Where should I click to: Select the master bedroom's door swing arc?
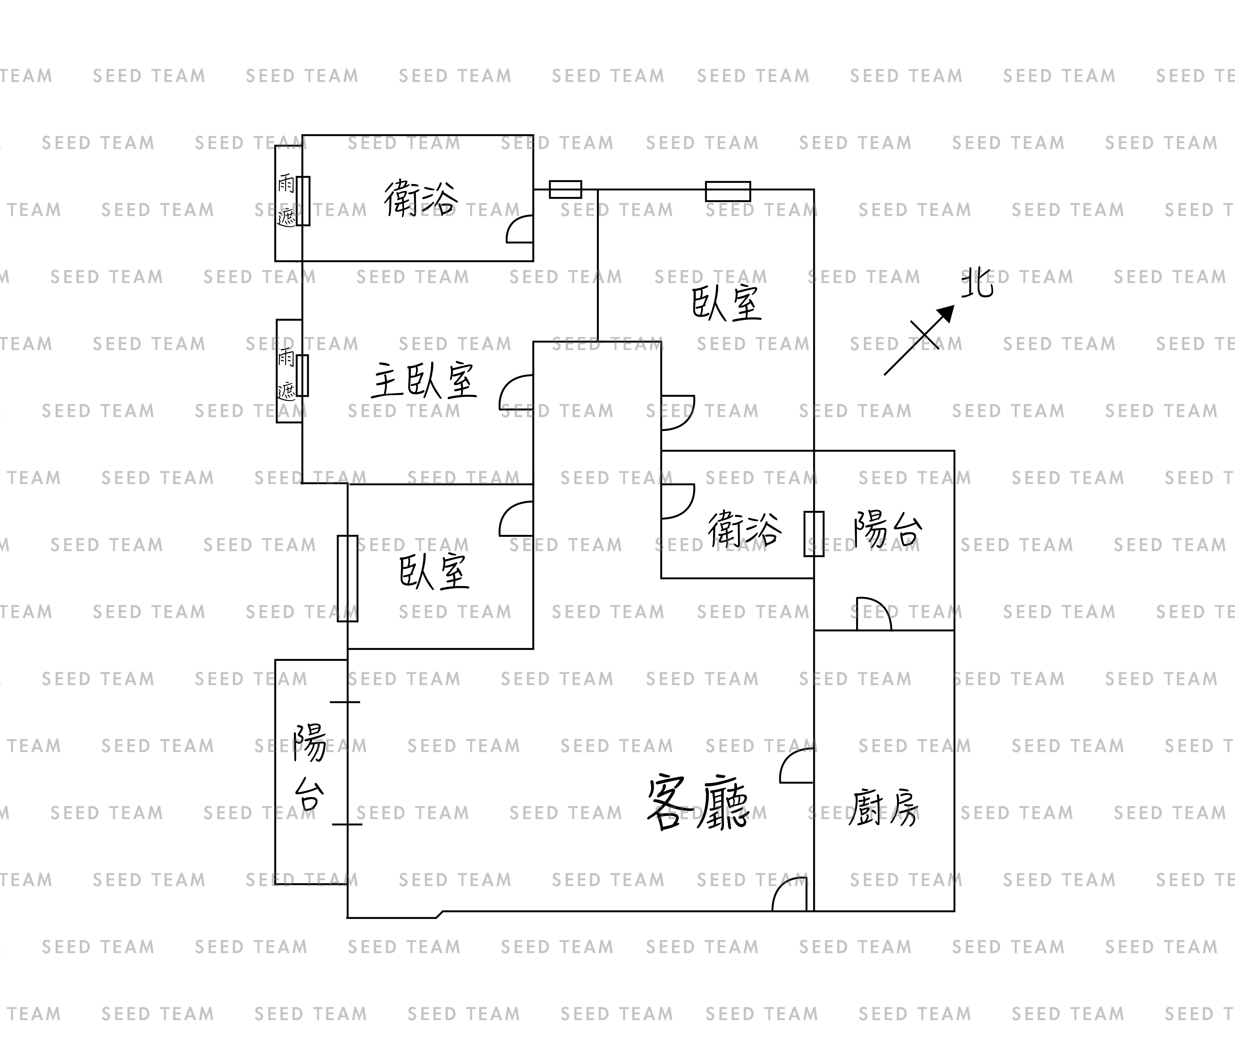pos(517,392)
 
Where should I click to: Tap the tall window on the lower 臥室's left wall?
pos(348,578)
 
